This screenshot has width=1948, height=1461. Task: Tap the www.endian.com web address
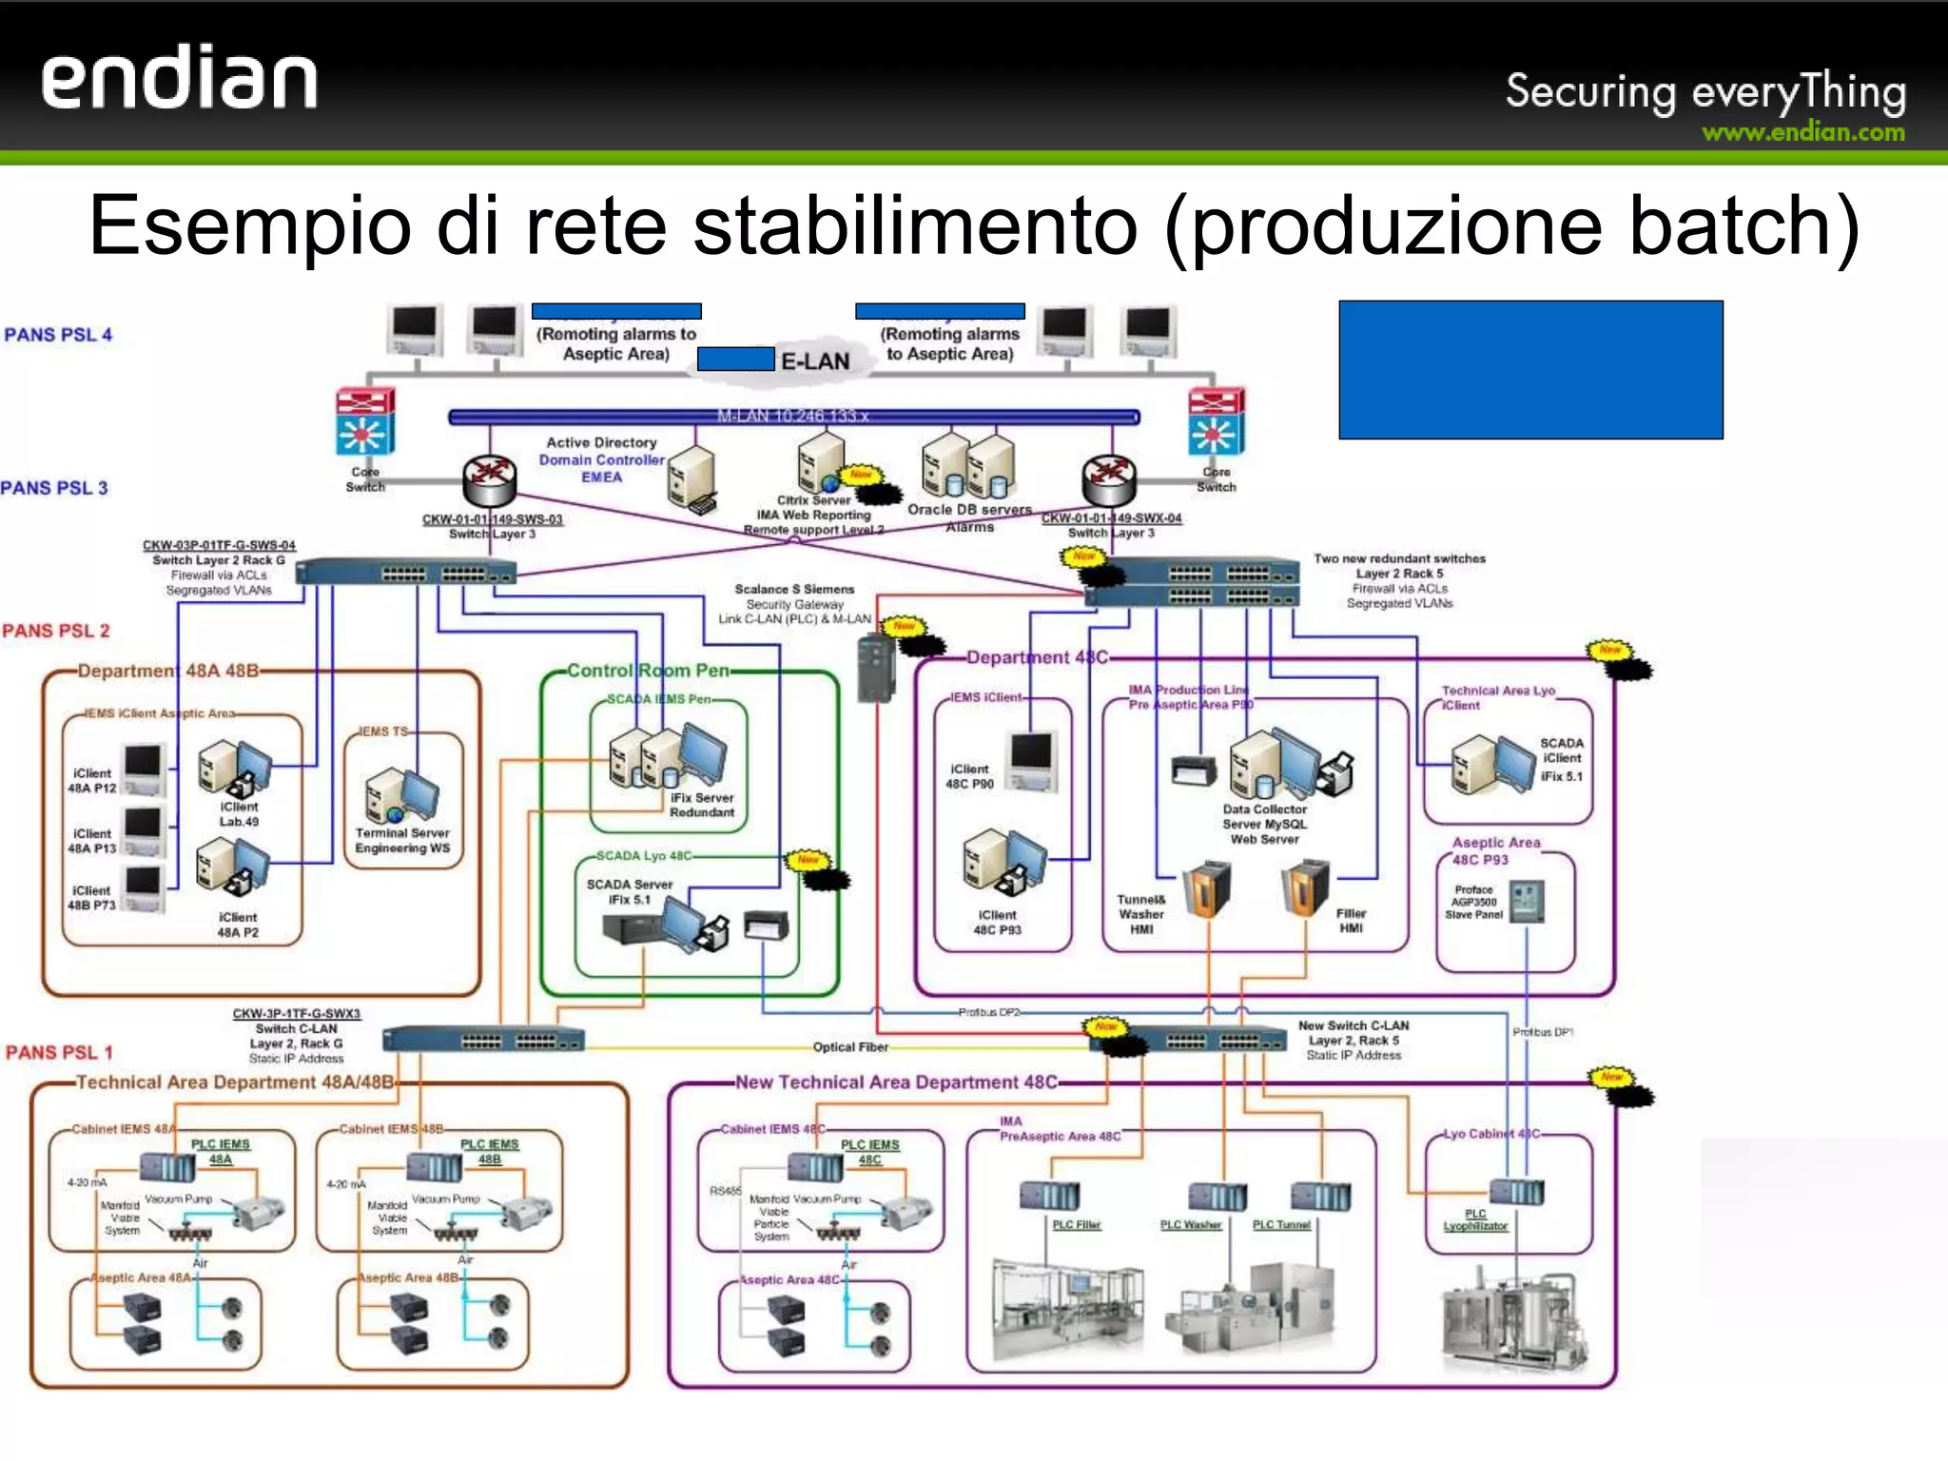point(1802,133)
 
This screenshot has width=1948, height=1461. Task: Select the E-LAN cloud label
point(814,361)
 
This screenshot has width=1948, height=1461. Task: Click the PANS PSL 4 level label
point(58,335)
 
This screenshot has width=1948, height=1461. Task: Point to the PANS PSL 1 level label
point(59,1052)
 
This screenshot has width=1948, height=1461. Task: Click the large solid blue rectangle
point(1529,369)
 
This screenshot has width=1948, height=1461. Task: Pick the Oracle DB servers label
point(968,510)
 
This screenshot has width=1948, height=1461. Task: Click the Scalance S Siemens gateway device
point(876,668)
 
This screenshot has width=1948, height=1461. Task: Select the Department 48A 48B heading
point(167,671)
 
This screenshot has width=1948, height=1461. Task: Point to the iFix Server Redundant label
point(701,805)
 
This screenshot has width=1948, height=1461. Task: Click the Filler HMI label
point(1351,920)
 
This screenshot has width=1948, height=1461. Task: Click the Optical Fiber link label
point(849,1047)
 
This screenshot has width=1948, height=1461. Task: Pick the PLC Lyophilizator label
point(1474,1220)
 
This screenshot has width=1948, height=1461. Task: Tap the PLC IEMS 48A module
point(167,1166)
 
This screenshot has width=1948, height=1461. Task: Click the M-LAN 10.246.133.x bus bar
point(792,417)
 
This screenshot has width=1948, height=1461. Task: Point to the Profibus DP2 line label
point(988,1012)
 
